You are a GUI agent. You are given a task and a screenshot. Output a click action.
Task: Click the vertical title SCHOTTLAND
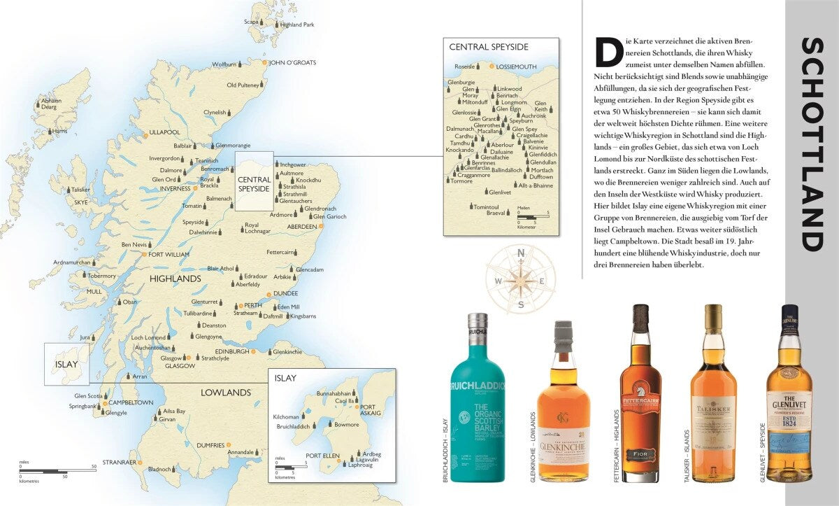[811, 144]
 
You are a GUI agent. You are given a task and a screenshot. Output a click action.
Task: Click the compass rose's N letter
[520, 253]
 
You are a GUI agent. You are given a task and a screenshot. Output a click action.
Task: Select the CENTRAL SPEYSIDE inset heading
[489, 47]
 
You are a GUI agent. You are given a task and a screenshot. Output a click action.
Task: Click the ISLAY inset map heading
[285, 378]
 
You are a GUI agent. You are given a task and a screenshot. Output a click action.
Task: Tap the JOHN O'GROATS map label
[292, 62]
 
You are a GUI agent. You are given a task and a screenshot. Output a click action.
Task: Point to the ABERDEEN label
[301, 227]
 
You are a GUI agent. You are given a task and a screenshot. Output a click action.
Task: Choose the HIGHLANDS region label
[175, 279]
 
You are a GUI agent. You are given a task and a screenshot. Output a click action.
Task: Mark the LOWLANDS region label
[225, 393]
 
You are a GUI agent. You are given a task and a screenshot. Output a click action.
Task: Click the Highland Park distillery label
[296, 24]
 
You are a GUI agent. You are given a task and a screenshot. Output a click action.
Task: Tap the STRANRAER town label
[118, 463]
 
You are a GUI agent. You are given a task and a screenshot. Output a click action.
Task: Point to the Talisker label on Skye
[81, 190]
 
